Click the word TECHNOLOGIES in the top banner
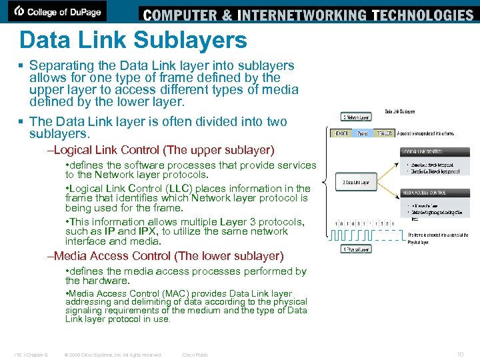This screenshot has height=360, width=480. point(423,15)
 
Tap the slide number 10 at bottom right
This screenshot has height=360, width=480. point(459,355)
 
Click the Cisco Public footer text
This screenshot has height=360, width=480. point(195,355)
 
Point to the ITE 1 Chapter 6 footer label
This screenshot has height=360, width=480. point(31,355)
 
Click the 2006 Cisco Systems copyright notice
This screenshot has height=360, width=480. point(113,355)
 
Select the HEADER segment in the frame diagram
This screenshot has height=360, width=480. point(342,133)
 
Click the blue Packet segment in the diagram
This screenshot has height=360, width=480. point(362,133)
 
